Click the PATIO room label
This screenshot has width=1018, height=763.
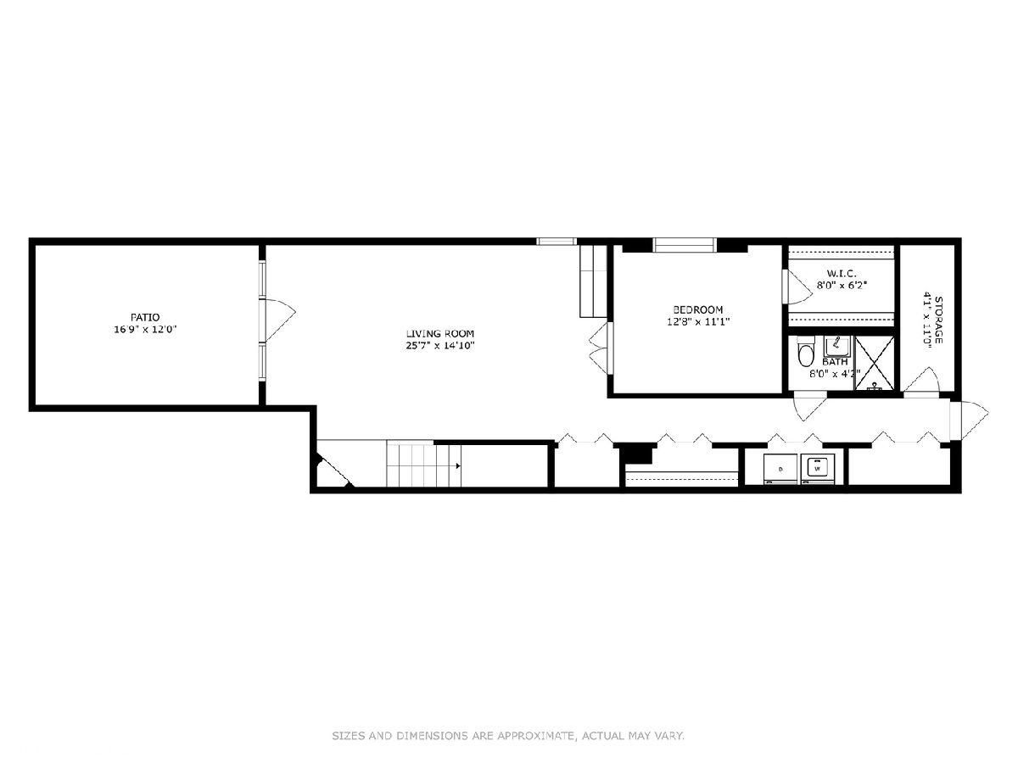(x=145, y=317)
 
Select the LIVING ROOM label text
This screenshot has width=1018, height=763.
(x=440, y=333)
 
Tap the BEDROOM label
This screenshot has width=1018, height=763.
(x=698, y=309)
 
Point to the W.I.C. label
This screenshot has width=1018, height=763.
(x=842, y=273)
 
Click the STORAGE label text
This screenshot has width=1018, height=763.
(x=939, y=320)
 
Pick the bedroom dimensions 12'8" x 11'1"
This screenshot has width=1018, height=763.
(x=698, y=321)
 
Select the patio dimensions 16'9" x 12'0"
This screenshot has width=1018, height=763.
(x=146, y=330)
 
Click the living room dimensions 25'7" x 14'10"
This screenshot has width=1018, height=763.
(x=440, y=346)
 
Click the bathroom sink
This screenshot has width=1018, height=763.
(x=836, y=346)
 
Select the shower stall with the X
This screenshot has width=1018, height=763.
(x=875, y=363)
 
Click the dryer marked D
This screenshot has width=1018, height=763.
(x=780, y=469)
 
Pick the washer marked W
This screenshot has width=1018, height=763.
(x=818, y=468)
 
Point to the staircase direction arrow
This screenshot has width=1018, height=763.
(x=457, y=465)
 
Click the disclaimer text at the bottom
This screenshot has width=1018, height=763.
(x=508, y=736)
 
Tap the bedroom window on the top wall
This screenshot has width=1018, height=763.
(x=685, y=245)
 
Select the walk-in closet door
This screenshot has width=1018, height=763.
(x=798, y=287)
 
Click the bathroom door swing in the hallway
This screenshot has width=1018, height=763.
(x=810, y=408)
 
